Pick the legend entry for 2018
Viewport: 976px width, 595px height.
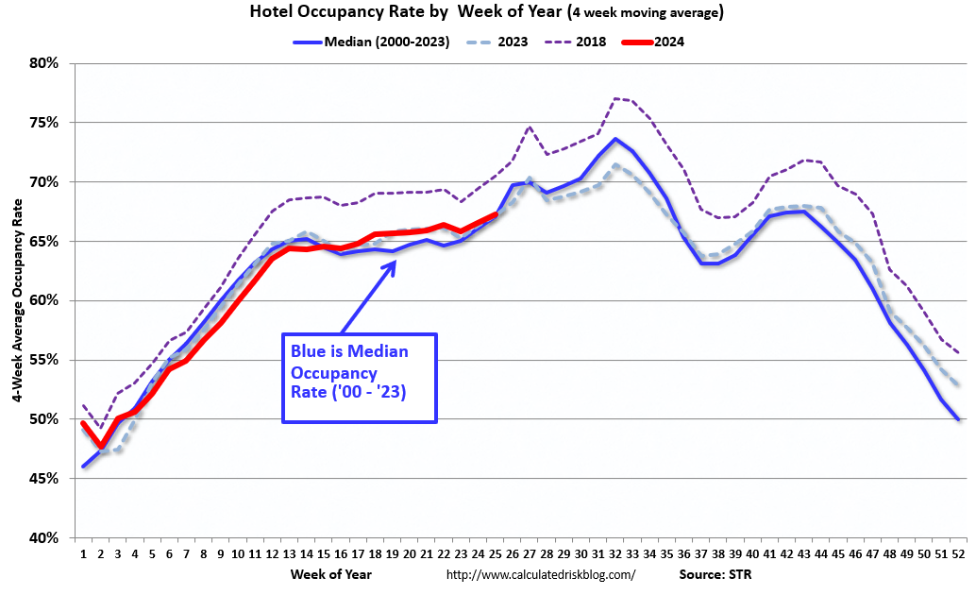[576, 42]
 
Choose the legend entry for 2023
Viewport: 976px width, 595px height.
[497, 42]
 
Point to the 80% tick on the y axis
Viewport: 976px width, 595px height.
[44, 63]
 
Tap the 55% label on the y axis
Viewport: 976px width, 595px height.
[44, 360]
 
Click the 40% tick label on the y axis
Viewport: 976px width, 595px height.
[44, 537]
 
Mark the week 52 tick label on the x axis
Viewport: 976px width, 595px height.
[958, 553]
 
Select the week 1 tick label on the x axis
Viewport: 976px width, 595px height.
[83, 553]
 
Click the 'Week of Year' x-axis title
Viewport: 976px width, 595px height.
[330, 573]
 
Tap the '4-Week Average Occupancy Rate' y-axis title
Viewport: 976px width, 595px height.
[18, 300]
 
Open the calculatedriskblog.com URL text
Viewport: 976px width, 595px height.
[540, 574]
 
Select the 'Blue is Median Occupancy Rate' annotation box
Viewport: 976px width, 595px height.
[360, 377]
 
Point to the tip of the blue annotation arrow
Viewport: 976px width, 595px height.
[395, 260]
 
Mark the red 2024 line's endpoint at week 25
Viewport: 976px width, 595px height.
[495, 214]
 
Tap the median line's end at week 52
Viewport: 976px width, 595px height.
[958, 418]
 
